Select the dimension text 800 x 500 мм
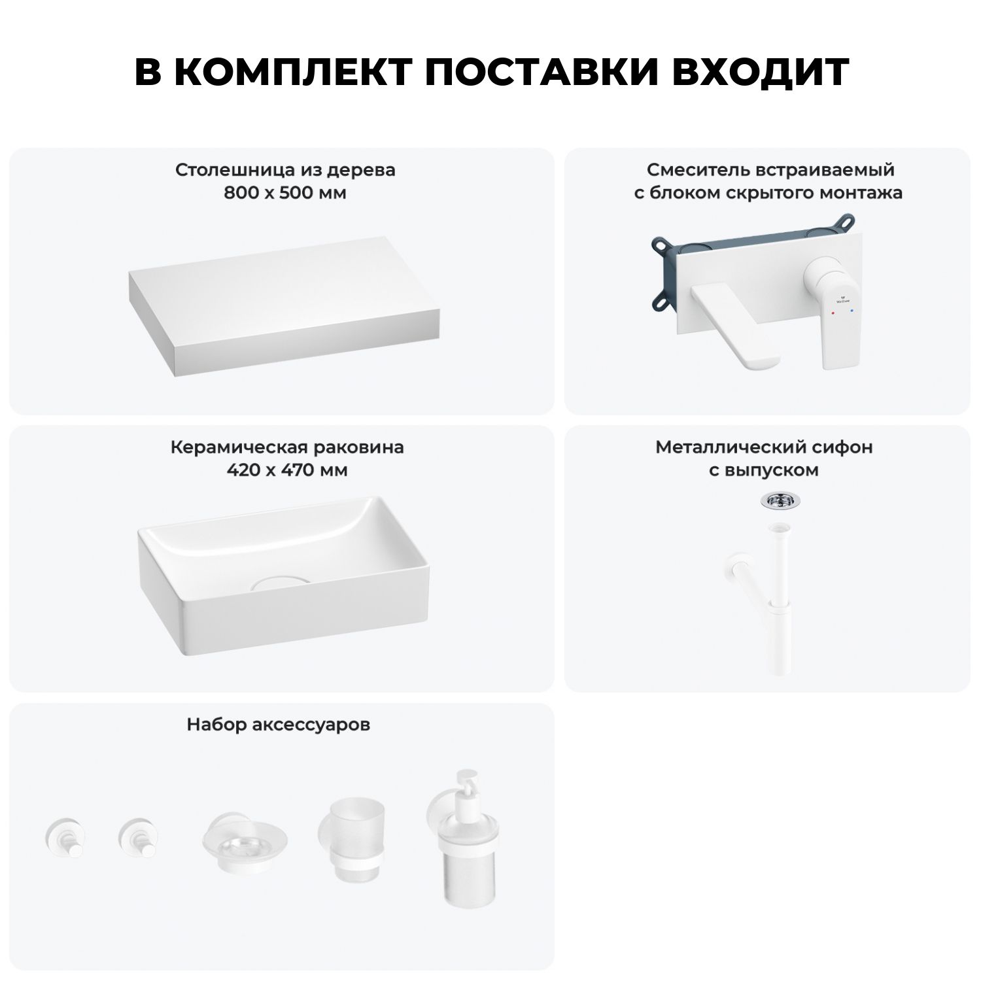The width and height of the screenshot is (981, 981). click(285, 193)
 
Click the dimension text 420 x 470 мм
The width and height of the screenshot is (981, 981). click(286, 470)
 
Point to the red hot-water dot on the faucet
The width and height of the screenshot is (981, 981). click(832, 314)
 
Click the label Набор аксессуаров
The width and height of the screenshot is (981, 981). click(279, 725)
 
